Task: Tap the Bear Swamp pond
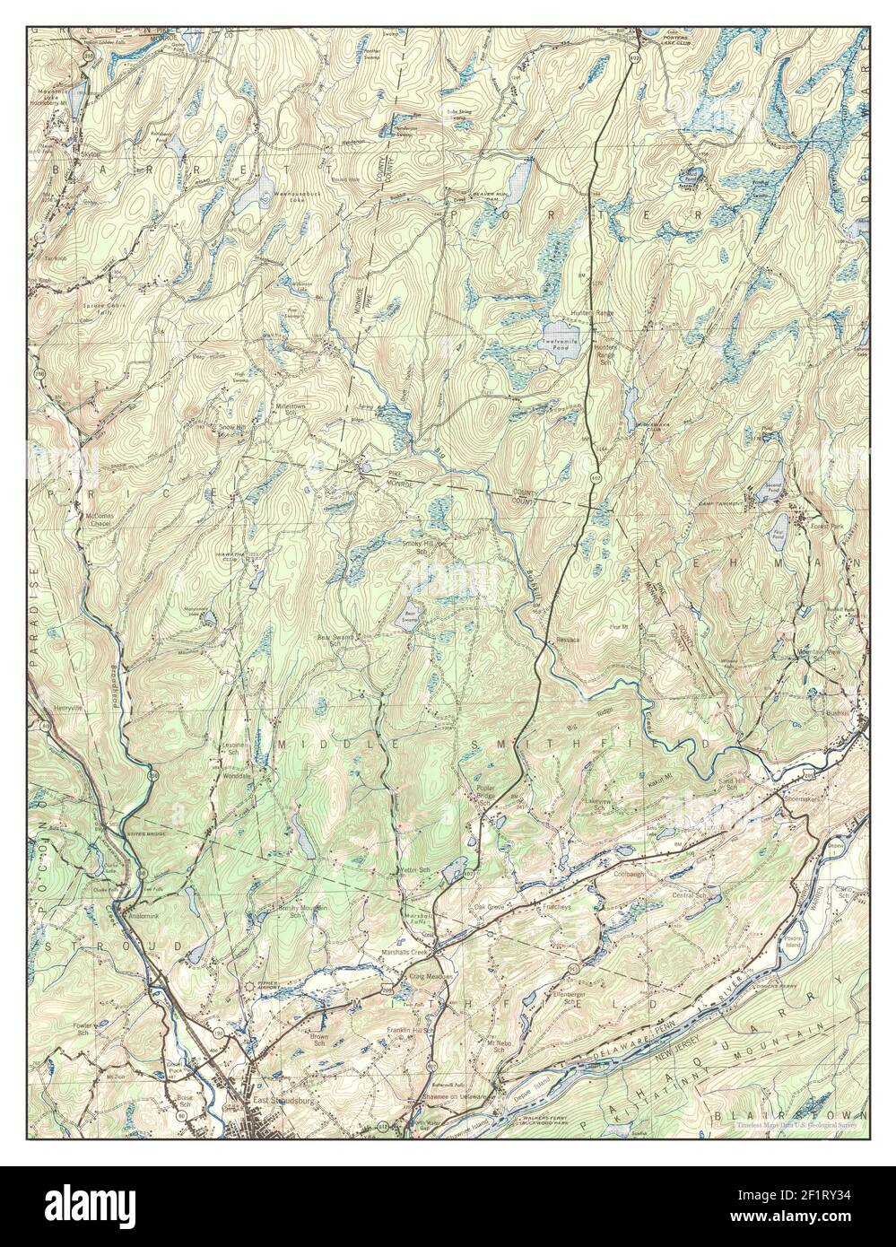click(409, 620)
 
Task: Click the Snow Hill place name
click(230, 429)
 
